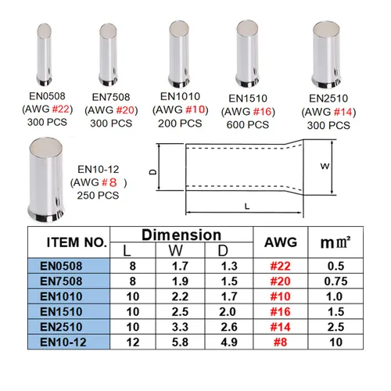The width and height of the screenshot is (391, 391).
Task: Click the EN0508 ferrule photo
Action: [x=44, y=55]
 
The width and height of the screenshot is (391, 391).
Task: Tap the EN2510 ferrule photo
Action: [x=327, y=55]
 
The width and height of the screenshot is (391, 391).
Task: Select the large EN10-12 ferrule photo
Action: [x=46, y=180]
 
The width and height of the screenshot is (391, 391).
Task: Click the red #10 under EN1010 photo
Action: [x=195, y=109]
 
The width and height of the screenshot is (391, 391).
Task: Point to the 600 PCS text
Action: [x=247, y=124]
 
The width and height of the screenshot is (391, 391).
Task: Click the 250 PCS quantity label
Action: [x=98, y=195]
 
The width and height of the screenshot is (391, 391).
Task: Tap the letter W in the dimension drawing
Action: [x=325, y=166]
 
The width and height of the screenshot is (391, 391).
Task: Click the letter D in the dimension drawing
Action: [x=153, y=172]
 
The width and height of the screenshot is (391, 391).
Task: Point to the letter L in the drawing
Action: [x=247, y=206]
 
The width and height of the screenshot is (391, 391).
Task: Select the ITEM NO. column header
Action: [x=77, y=242]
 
